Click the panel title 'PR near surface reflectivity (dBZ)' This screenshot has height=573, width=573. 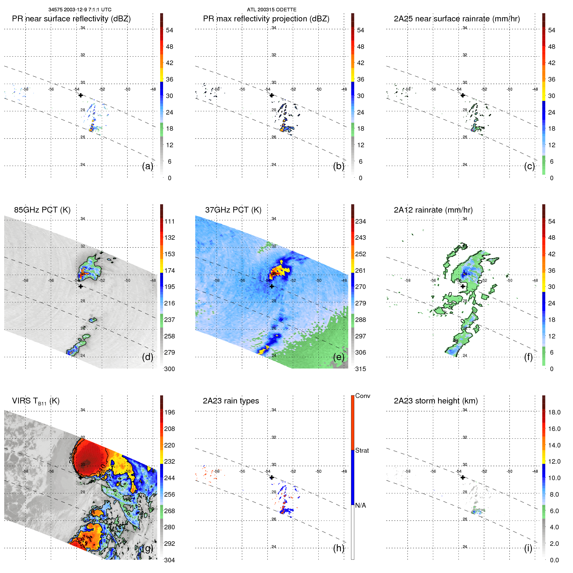[71, 19]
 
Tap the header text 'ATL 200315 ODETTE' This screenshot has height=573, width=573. [271, 10]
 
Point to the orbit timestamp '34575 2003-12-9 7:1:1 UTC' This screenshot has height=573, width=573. [80, 10]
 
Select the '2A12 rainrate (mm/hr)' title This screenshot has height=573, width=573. [433, 210]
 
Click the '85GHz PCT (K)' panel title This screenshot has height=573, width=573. [42, 210]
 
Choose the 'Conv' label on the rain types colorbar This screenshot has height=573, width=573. [362, 396]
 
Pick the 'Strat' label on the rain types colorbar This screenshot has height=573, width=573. [362, 450]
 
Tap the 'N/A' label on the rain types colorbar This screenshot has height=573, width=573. [360, 505]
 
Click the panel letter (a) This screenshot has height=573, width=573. [148, 166]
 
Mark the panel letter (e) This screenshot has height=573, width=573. [339, 357]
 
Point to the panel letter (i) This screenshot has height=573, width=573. [528, 548]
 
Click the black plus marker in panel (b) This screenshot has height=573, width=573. [272, 95]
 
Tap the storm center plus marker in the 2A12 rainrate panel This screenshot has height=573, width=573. [463, 286]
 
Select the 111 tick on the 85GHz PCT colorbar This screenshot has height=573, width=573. [170, 221]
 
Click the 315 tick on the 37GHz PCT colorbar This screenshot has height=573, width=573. [360, 369]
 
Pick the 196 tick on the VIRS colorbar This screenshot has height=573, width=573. [170, 412]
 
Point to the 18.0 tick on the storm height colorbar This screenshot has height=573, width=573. [554, 412]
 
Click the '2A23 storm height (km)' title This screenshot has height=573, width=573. [435, 401]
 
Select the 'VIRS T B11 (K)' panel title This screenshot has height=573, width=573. [36, 401]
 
